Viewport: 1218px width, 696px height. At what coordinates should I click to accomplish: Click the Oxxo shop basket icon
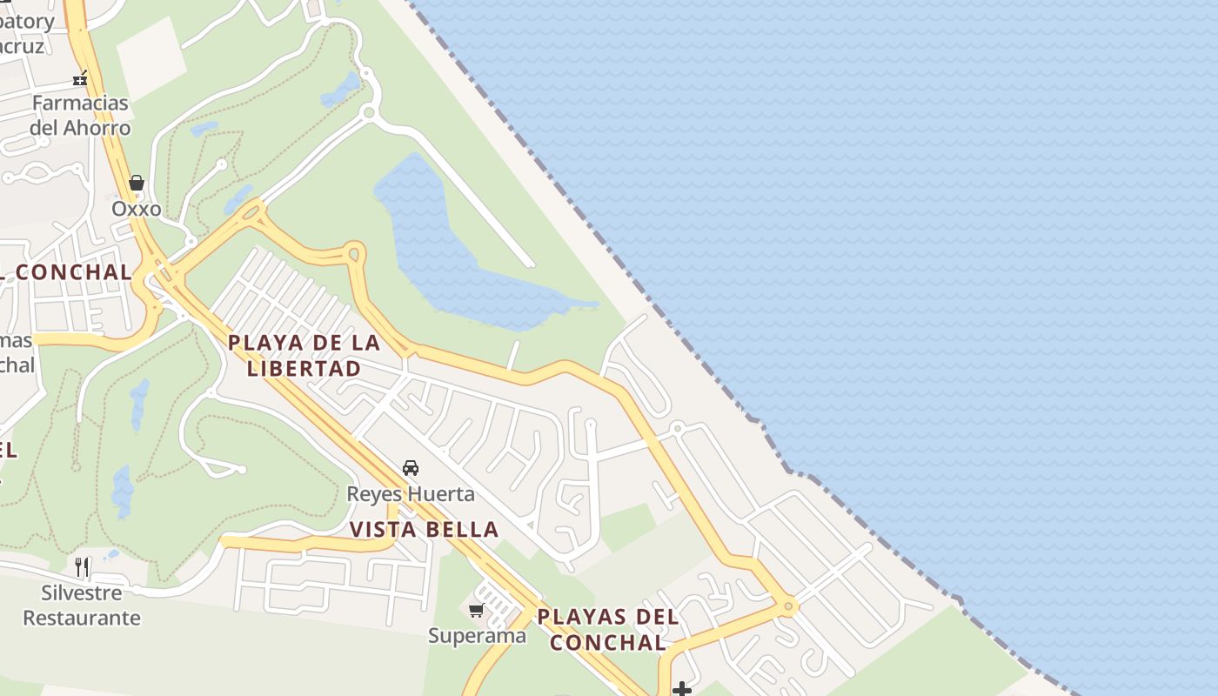click(x=137, y=183)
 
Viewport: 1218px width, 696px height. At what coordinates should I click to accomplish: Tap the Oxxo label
click(x=137, y=209)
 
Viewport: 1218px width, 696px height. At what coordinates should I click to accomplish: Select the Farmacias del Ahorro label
click(x=80, y=115)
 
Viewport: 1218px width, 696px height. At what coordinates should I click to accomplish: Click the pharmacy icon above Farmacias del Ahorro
click(x=80, y=79)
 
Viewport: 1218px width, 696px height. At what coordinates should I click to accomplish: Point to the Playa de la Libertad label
click(x=304, y=355)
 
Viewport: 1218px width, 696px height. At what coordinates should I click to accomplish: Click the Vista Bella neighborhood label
click(x=424, y=529)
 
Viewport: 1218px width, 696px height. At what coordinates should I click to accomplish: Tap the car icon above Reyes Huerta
click(x=411, y=468)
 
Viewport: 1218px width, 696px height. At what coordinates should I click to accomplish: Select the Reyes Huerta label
click(x=411, y=494)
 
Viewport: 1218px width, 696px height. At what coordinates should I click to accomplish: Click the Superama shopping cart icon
click(x=477, y=610)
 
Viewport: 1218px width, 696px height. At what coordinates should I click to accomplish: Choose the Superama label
click(x=477, y=635)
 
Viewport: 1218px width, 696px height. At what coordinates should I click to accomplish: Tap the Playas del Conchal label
click(x=607, y=630)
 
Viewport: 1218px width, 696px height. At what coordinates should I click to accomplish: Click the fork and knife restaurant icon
click(x=83, y=567)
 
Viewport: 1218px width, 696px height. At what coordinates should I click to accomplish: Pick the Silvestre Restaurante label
click(x=82, y=606)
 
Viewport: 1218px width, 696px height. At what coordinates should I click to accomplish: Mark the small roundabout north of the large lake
click(x=369, y=112)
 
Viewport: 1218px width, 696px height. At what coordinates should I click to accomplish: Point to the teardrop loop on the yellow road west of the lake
click(x=353, y=254)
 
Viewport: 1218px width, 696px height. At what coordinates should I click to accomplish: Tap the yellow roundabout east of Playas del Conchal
click(x=788, y=606)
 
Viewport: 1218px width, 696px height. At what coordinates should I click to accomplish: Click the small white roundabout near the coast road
click(x=677, y=428)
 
